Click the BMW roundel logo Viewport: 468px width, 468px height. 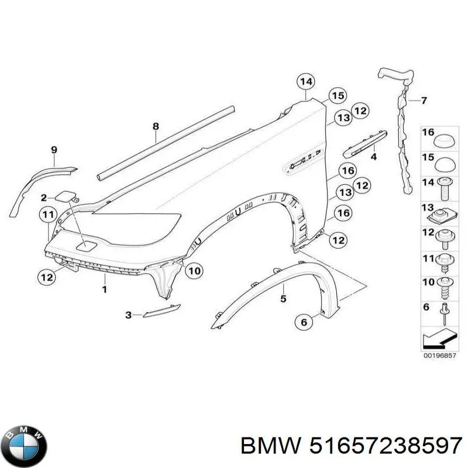(26, 446)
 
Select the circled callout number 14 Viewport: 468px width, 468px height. (306, 81)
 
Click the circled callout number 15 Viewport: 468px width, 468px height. (338, 96)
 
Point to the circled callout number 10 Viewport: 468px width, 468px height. (194, 271)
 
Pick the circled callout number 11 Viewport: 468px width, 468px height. (48, 215)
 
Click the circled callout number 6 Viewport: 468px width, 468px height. (304, 322)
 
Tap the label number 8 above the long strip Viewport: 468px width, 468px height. (156, 126)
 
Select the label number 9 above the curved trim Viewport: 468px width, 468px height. (54, 150)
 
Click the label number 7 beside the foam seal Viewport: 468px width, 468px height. (424, 101)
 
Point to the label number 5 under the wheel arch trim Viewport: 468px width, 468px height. (283, 298)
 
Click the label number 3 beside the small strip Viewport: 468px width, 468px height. (128, 315)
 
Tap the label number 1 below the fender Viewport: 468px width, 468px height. (105, 289)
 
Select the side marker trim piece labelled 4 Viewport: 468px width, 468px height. (364, 144)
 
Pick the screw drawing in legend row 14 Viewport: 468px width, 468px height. (445, 188)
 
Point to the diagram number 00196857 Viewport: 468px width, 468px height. (440, 356)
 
